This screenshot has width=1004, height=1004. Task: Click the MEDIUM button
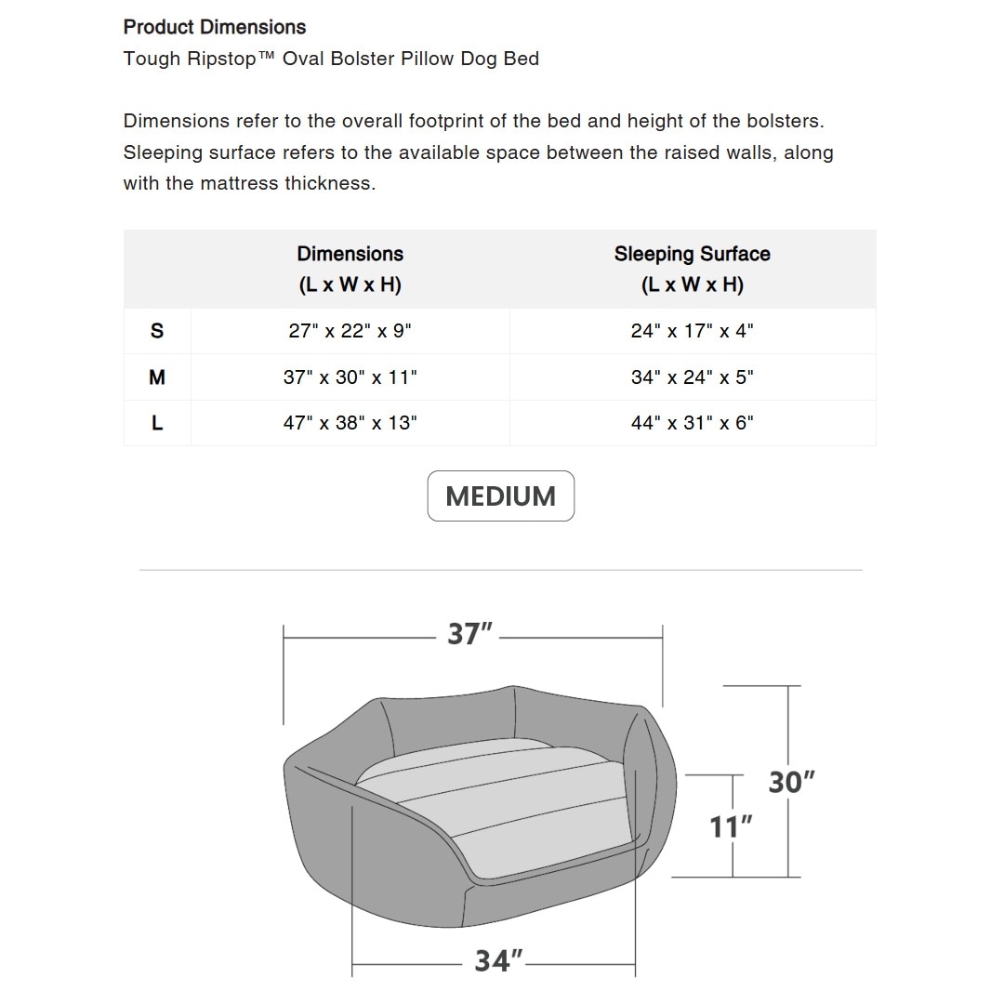point(500,496)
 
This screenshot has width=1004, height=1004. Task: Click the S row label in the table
point(157,331)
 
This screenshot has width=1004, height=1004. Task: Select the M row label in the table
point(157,377)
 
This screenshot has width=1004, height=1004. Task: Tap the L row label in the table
point(157,423)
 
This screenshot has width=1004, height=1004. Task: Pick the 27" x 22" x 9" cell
point(350,331)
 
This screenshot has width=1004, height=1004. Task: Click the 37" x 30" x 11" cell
point(350,377)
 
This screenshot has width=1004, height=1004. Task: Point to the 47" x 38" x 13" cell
point(350,423)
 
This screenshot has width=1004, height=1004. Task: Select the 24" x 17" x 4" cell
point(692,331)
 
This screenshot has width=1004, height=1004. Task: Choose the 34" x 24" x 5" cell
point(692,377)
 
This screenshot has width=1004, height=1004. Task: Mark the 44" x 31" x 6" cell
point(692,423)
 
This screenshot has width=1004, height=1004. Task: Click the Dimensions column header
point(350,269)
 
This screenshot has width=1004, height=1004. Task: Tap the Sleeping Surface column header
point(692,269)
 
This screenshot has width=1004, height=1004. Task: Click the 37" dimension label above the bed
point(469,635)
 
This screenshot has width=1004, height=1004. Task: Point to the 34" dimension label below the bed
point(498,960)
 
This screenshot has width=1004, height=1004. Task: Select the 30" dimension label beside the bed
point(791,783)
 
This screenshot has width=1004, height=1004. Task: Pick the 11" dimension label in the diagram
point(731,826)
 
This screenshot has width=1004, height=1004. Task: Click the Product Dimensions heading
point(215,27)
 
